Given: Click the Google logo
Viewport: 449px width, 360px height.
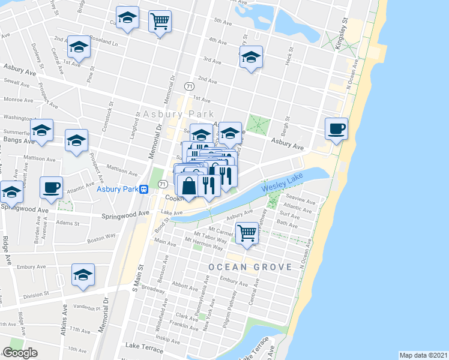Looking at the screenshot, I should click(x=20, y=353).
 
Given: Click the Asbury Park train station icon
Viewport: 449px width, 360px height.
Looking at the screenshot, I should click(x=144, y=190).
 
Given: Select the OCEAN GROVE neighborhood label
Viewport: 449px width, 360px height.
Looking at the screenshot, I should click(x=250, y=266).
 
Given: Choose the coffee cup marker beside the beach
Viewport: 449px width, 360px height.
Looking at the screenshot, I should click(x=336, y=128).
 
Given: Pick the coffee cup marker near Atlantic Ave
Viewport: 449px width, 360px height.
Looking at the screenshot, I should click(x=51, y=188).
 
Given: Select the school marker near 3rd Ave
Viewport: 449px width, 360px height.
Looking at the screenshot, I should click(x=252, y=58).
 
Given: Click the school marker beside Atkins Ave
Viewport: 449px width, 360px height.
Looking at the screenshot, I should click(x=83, y=275).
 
